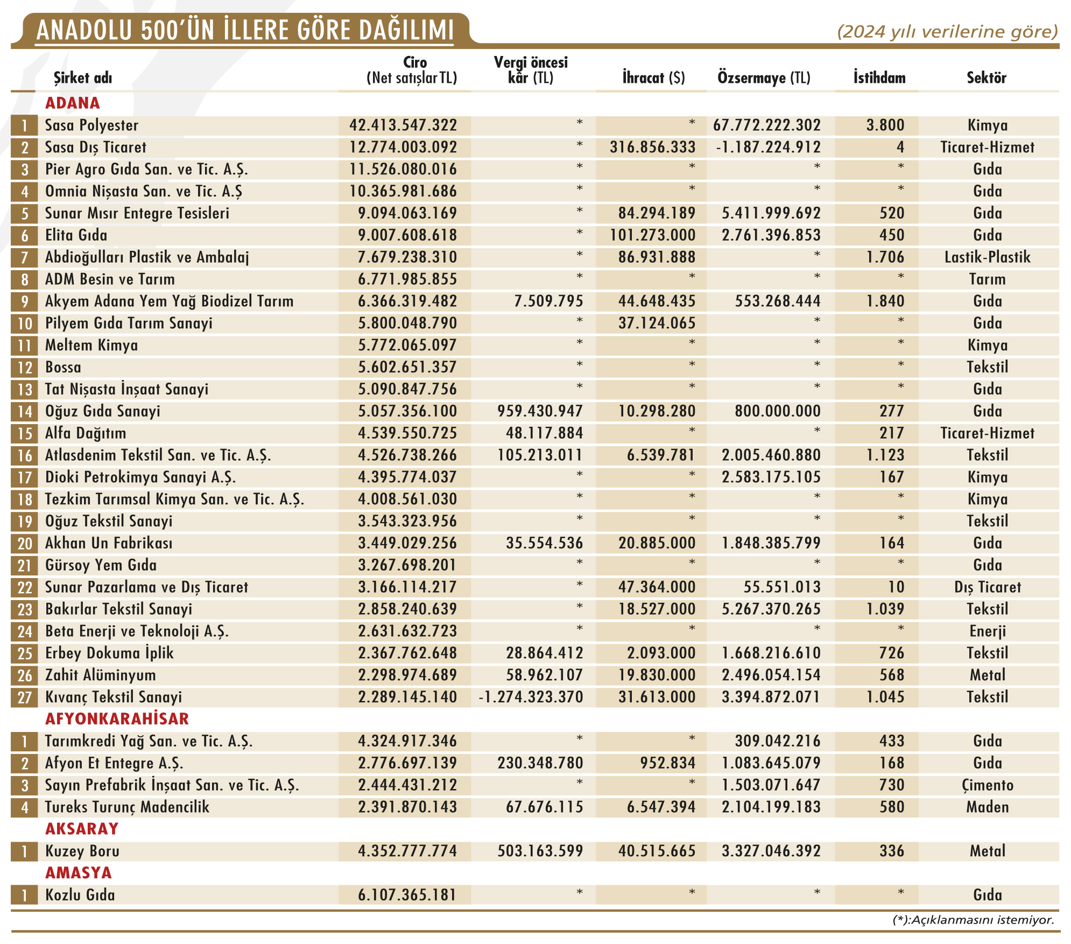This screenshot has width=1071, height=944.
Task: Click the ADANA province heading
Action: (73, 103)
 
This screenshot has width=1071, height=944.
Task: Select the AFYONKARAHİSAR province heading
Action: (117, 718)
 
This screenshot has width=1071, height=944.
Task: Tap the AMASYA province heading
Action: (78, 872)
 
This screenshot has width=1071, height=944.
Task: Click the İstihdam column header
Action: (879, 78)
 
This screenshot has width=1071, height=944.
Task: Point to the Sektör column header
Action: (986, 78)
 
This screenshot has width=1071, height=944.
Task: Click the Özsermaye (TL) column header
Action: (764, 78)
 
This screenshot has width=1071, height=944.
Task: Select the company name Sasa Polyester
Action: (91, 125)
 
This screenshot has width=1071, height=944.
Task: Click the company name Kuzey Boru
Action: (82, 851)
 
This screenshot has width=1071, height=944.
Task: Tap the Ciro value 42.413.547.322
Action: (403, 125)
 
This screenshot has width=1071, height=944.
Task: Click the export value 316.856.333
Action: (652, 147)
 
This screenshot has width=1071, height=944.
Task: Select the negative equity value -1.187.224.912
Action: (768, 147)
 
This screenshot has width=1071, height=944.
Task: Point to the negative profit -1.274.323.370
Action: (531, 697)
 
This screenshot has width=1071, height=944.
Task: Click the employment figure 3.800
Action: (885, 125)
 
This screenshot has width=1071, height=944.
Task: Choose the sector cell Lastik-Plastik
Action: (987, 257)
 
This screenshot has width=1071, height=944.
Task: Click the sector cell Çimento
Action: (987, 785)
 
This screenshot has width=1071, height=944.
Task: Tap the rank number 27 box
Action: (25, 698)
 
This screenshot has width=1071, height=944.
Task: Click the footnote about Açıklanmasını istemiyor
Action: (973, 920)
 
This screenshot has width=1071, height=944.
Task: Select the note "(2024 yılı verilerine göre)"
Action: (947, 32)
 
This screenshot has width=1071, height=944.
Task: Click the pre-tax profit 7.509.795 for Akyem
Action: (548, 301)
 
